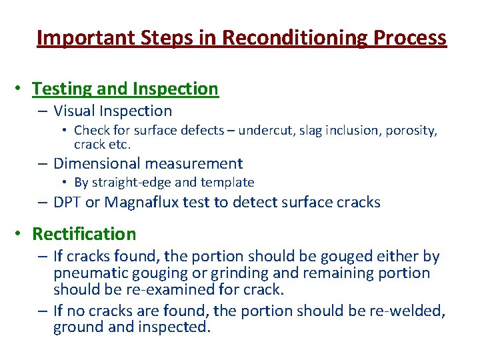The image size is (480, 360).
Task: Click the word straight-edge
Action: (x=133, y=183)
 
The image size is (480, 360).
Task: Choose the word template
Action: (x=224, y=183)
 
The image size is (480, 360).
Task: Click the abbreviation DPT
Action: (x=67, y=203)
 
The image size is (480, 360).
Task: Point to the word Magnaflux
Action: (x=137, y=203)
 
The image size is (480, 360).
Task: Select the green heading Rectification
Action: (x=84, y=234)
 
